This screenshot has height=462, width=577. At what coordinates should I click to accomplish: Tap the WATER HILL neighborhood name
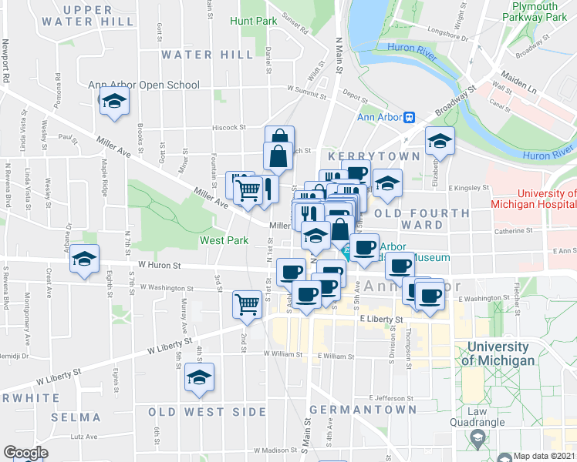[x=207, y=55]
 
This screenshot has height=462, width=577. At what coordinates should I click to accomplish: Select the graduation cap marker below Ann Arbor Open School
[x=114, y=102]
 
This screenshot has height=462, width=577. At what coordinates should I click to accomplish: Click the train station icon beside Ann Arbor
[x=410, y=117]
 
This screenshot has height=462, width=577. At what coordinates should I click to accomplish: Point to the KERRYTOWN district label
[x=374, y=156]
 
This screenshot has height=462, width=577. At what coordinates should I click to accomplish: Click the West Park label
[x=224, y=240]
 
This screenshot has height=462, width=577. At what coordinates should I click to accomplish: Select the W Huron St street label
[x=159, y=266]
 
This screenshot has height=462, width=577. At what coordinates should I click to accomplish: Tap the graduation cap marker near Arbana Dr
[x=85, y=259]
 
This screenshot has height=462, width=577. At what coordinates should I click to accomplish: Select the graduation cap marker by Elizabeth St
[x=440, y=142]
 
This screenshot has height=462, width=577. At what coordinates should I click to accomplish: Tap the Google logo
[x=25, y=452]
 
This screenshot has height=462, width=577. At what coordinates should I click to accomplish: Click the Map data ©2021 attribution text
[x=543, y=456]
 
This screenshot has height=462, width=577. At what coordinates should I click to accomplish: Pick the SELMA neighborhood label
[x=76, y=417]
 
